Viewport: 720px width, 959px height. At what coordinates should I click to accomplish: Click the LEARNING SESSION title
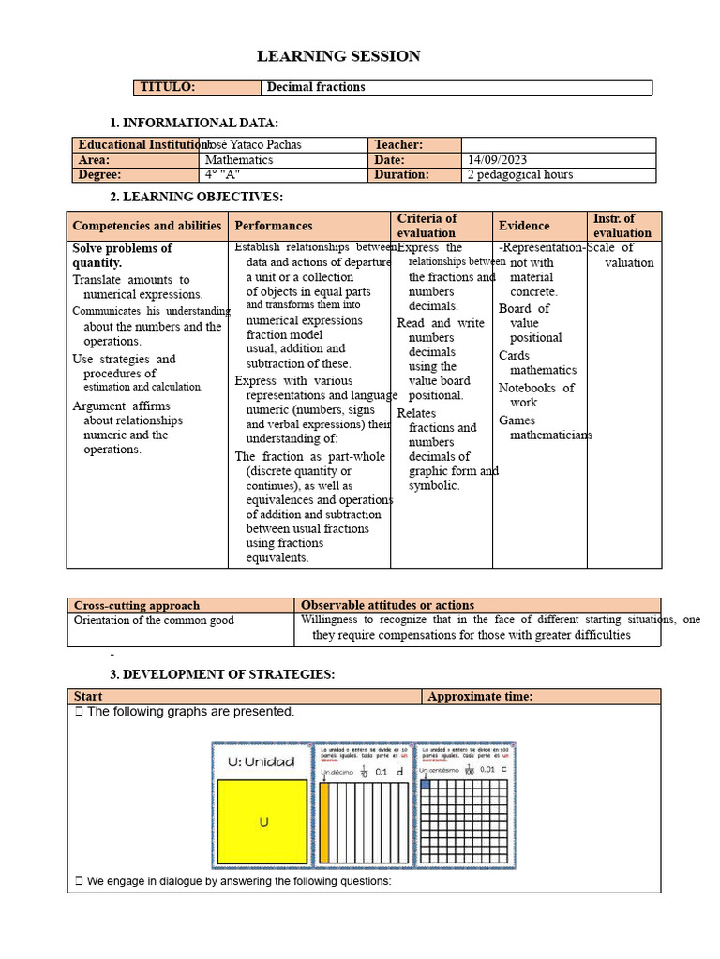338,57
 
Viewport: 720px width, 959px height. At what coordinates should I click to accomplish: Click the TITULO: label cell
197,87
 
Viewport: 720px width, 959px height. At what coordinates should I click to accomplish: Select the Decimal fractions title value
316,87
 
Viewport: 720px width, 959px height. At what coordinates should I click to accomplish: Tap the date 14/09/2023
503,160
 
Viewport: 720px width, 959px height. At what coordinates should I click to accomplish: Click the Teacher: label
398,145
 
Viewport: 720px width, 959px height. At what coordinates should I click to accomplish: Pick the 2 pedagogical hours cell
520,175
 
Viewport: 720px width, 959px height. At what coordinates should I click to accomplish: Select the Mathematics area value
239,160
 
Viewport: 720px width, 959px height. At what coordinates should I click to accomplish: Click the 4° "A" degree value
222,175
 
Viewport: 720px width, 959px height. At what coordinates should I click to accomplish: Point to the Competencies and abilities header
147,226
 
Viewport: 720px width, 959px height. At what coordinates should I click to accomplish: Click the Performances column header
274,226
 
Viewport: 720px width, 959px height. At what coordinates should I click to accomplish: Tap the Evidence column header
524,226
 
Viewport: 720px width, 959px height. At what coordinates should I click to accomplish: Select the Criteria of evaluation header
427,226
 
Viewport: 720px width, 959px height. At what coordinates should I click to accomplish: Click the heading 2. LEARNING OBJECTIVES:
196,197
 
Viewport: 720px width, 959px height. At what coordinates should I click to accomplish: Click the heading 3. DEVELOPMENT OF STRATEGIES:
222,674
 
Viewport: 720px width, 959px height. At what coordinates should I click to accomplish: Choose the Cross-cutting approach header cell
137,606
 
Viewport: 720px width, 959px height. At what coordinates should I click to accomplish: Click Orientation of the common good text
154,620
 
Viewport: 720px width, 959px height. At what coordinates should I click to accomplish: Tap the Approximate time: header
480,697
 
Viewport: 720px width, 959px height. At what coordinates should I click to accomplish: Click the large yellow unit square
263,821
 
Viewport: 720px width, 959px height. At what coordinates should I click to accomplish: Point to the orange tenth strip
325,822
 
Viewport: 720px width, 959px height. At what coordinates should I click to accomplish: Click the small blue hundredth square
426,785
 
